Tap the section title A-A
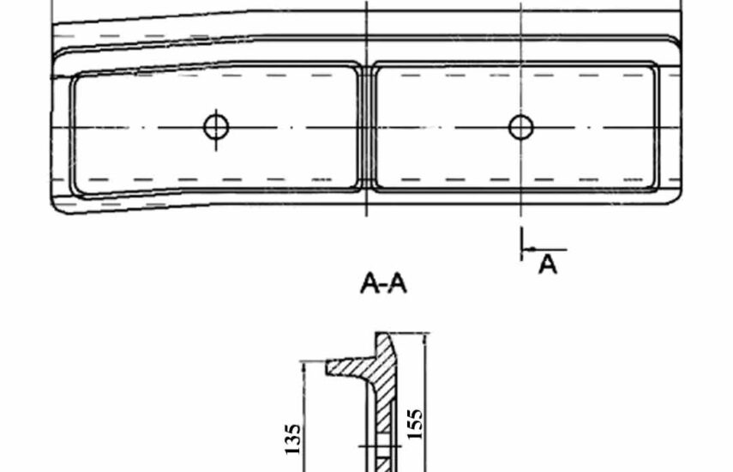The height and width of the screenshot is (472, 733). pyautogui.click(x=383, y=283)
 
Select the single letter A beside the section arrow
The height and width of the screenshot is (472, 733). pyautogui.click(x=548, y=265)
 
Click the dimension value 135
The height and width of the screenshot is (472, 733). pyautogui.click(x=292, y=439)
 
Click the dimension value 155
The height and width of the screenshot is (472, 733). pyautogui.click(x=414, y=424)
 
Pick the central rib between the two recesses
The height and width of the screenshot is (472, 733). pyautogui.click(x=367, y=127)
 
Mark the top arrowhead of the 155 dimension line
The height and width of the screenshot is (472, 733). pyautogui.click(x=424, y=338)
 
